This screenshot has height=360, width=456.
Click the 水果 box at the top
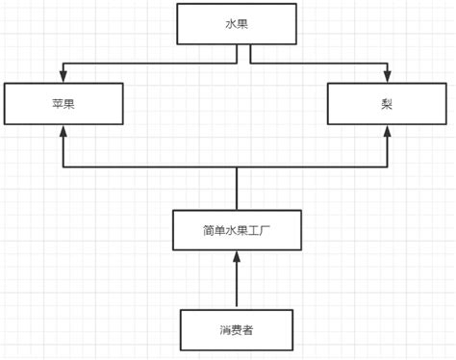click(x=237, y=23)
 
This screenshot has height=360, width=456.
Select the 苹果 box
click(x=63, y=103)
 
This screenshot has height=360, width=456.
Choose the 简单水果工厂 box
click(x=237, y=229)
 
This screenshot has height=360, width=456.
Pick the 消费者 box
click(x=237, y=329)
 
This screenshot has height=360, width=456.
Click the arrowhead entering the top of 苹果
click(x=63, y=78)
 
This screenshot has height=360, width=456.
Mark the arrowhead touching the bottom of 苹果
click(x=63, y=131)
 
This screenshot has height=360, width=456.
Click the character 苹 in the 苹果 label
click(x=57, y=103)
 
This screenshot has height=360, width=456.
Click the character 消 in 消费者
click(x=224, y=329)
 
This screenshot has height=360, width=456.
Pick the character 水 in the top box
click(x=230, y=23)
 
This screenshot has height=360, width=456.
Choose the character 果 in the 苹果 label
click(x=70, y=103)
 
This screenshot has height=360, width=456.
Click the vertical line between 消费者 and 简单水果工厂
click(x=237, y=284)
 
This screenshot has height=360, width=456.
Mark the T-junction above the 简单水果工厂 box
click(x=237, y=167)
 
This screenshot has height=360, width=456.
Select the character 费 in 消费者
click(x=237, y=329)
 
